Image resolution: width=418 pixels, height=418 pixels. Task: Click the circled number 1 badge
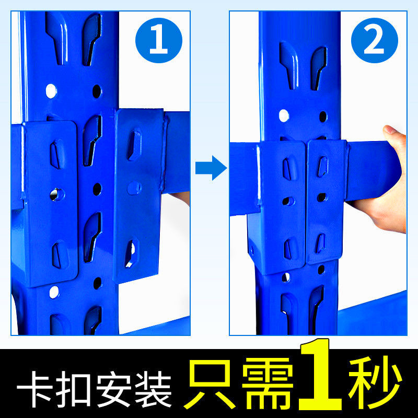(x=159, y=40)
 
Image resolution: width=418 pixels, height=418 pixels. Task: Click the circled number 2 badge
(x=375, y=40)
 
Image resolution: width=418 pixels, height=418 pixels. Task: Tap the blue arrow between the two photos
(x=211, y=168)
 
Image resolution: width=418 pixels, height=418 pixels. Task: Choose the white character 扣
(x=73, y=389)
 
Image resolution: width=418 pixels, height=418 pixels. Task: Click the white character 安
(x=114, y=389)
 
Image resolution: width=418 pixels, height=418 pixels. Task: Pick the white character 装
(x=154, y=389)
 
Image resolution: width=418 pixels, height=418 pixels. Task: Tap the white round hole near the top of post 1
(x=51, y=91)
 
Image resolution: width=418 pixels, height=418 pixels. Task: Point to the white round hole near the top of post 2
(x=284, y=115)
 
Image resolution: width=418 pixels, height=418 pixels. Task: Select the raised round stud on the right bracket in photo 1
(x=134, y=188)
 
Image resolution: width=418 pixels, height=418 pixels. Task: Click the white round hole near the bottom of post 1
(x=54, y=292)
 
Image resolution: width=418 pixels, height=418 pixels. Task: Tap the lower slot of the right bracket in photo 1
(x=131, y=253)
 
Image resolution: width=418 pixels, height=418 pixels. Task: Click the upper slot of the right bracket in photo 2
(x=322, y=166)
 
